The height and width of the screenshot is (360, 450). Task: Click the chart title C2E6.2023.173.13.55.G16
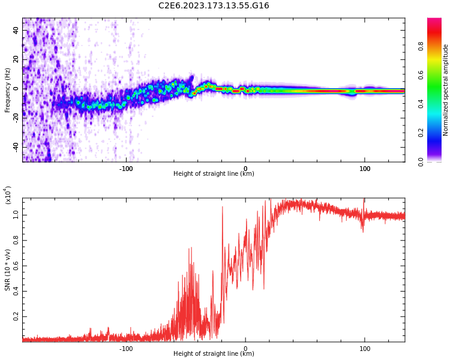click(214, 6)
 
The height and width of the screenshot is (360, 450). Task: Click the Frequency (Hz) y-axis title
click(8, 90)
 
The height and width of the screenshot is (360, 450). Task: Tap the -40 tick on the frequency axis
click(16, 147)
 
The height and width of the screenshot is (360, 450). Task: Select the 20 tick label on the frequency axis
click(16, 59)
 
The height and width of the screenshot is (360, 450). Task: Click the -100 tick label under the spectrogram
click(125, 168)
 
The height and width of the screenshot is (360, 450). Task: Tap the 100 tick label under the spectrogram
click(365, 168)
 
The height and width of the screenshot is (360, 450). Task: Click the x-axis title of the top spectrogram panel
click(214, 174)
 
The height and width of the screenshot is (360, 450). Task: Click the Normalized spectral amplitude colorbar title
click(446, 90)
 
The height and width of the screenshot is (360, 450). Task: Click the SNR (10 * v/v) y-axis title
click(8, 270)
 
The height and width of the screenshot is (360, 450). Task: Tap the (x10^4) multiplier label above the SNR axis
click(8, 196)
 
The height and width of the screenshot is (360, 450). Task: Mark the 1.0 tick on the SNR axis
click(16, 214)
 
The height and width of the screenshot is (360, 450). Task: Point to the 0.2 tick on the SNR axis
click(16, 316)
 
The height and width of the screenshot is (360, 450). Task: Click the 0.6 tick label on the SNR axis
click(16, 265)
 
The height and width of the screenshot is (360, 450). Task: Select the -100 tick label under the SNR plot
click(125, 348)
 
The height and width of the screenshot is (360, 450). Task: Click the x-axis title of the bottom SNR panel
click(214, 354)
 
